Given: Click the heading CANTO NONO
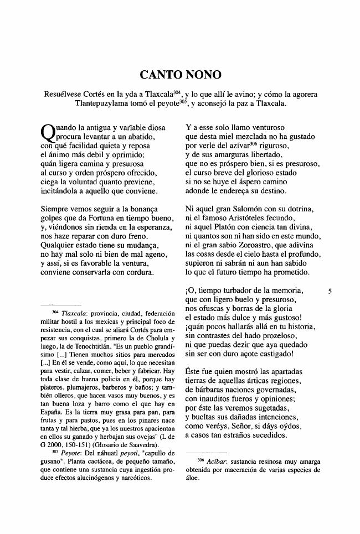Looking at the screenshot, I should (180, 74).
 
